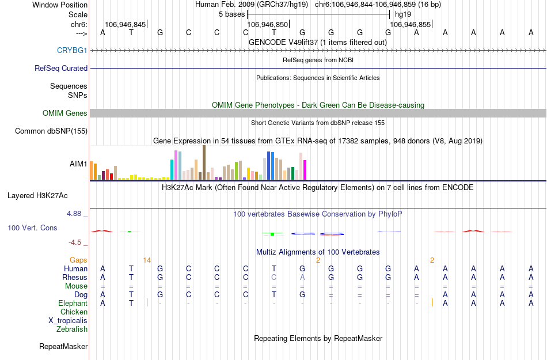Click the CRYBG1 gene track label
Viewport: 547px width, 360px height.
(x=72, y=50)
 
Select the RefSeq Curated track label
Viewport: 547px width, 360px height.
(x=61, y=68)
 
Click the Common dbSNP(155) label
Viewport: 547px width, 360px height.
(x=51, y=131)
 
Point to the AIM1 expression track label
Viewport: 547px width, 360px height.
(x=78, y=164)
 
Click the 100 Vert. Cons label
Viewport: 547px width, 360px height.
(x=32, y=228)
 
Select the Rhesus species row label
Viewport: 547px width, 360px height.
(x=75, y=277)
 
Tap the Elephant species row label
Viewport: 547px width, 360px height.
(x=73, y=303)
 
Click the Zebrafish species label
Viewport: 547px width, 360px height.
(x=72, y=329)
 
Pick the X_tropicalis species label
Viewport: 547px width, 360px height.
(x=68, y=320)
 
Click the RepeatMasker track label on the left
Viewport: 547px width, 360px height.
(x=63, y=346)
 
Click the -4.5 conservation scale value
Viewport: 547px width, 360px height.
(x=75, y=242)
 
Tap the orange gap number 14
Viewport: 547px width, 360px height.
(x=147, y=260)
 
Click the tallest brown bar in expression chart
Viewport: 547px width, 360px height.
(x=204, y=162)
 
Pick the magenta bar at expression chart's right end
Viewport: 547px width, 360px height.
(x=305, y=169)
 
